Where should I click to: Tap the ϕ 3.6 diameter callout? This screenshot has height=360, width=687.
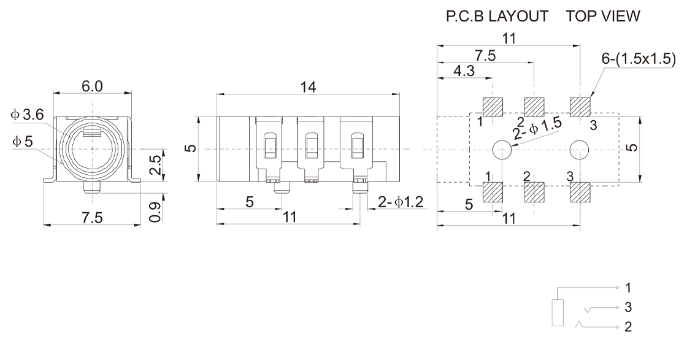(x=27, y=115)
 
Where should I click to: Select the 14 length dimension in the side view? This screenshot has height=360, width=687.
(x=308, y=87)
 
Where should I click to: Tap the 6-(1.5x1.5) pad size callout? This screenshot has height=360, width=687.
(x=640, y=59)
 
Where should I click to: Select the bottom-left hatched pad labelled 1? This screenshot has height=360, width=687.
(x=493, y=193)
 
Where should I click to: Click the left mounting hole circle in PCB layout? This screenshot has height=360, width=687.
(x=502, y=149)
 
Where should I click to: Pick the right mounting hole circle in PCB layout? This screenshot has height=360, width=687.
(x=578, y=149)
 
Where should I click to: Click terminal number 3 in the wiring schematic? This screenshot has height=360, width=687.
(x=628, y=307)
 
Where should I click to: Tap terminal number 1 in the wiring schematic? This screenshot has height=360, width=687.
(x=628, y=287)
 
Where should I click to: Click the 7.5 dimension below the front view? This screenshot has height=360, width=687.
(x=92, y=219)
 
